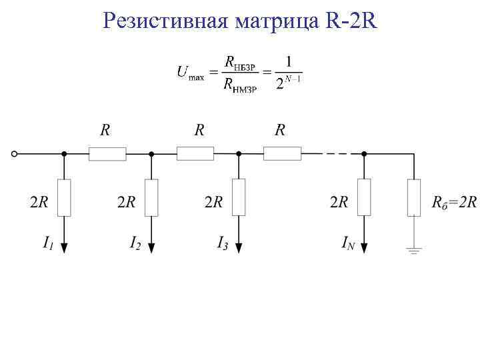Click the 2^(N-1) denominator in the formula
click(x=289, y=85)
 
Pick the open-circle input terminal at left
click(x=15, y=154)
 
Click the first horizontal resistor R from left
click(x=107, y=154)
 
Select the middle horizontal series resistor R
click(x=195, y=154)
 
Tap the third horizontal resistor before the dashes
click(x=282, y=154)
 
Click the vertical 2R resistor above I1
click(x=64, y=197)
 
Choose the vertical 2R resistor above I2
click(x=151, y=197)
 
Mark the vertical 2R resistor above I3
click(x=239, y=197)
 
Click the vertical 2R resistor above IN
click(x=364, y=197)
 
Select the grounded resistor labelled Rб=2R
click(x=414, y=197)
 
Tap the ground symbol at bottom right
click(x=414, y=251)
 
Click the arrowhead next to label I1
click(x=64, y=247)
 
